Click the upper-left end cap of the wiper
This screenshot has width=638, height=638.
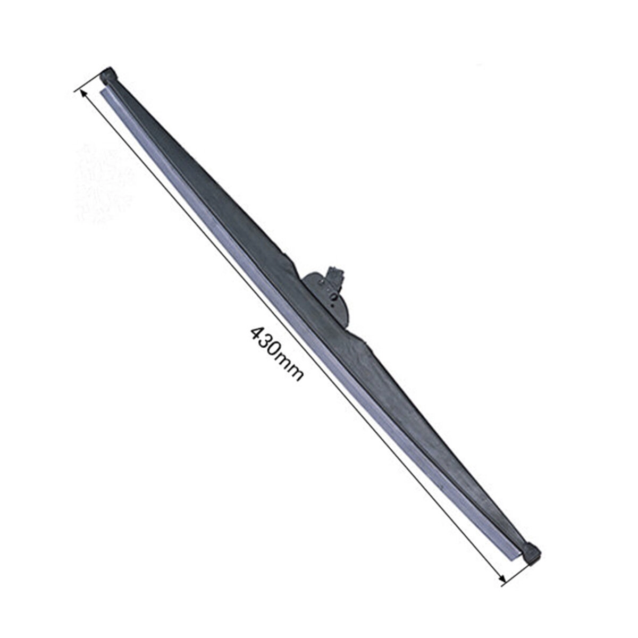(108, 75)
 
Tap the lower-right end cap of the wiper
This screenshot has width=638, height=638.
(532, 555)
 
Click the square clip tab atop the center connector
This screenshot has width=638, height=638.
(335, 274)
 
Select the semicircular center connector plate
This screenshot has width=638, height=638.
(330, 298)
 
